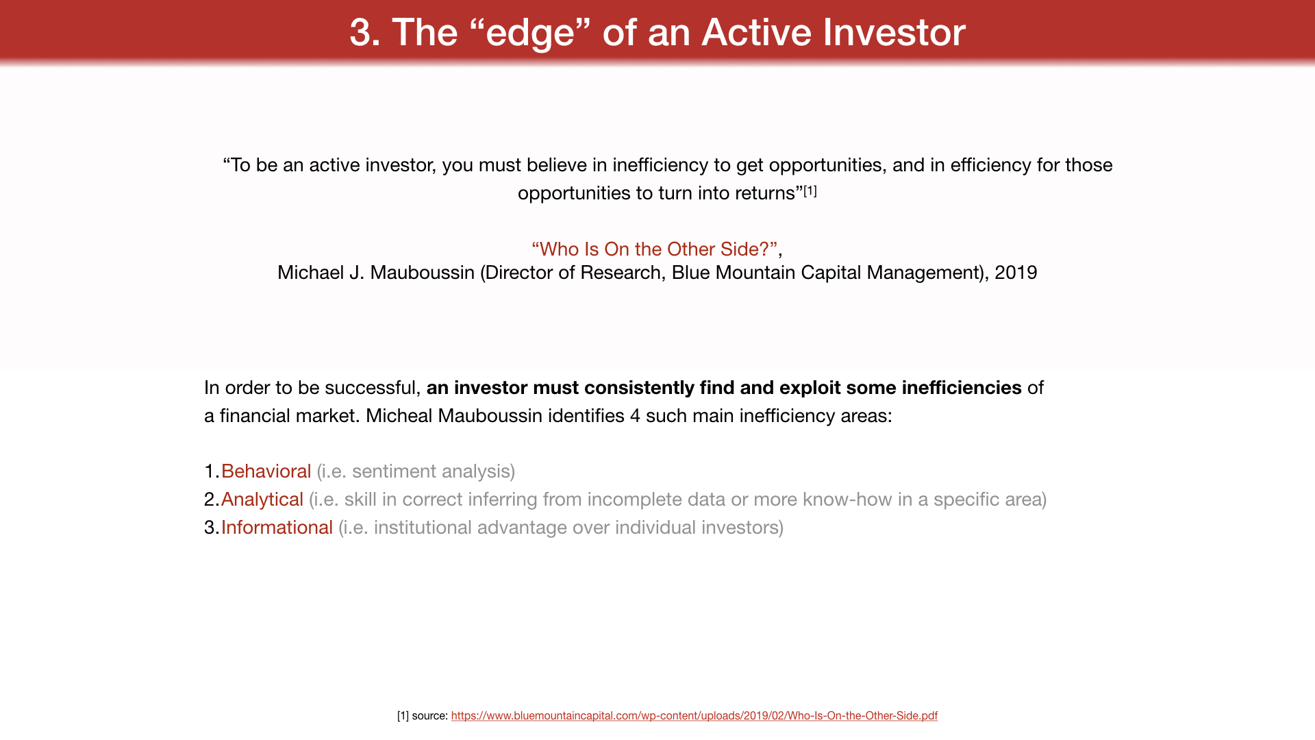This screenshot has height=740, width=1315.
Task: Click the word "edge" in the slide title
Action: pyautogui.click(x=529, y=32)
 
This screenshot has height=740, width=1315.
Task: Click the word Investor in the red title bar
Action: pyautogui.click(x=894, y=32)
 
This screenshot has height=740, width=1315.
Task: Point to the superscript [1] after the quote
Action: pyautogui.click(x=810, y=190)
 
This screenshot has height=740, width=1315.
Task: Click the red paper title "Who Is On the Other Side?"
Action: pyautogui.click(x=654, y=249)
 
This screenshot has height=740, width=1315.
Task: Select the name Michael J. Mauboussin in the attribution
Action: pyautogui.click(x=376, y=272)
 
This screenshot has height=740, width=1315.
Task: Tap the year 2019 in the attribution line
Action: pyautogui.click(x=1016, y=272)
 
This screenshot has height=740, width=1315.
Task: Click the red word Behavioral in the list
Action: pyautogui.click(x=266, y=471)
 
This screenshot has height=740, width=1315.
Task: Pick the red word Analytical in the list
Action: pyautogui.click(x=262, y=500)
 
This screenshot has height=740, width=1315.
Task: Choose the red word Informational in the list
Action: pyautogui.click(x=277, y=527)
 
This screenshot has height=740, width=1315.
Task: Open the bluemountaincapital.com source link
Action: pyautogui.click(x=694, y=715)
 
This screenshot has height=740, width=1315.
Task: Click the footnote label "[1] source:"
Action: pyautogui.click(x=423, y=715)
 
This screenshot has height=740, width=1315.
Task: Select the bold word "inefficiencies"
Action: pyautogui.click(x=962, y=387)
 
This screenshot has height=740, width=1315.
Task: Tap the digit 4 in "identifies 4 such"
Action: pyautogui.click(x=635, y=416)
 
